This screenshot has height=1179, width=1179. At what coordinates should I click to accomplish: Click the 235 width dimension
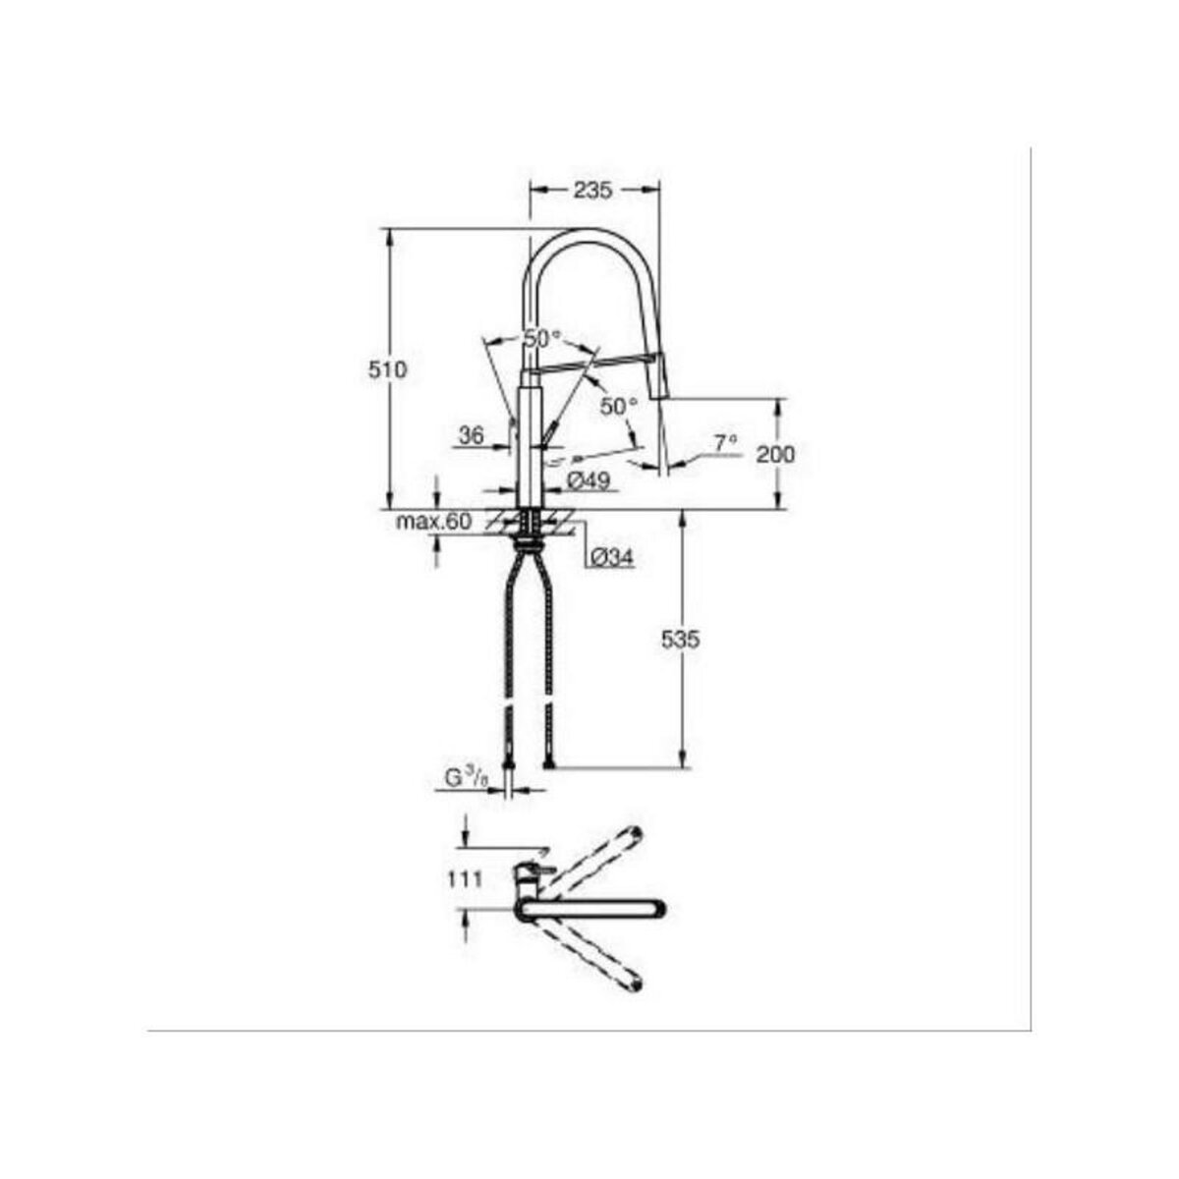(x=594, y=191)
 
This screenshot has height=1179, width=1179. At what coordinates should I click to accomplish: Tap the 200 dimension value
(x=776, y=454)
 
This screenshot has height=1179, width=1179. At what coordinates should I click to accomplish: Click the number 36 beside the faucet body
(x=472, y=435)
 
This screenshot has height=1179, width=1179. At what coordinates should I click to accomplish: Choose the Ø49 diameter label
(x=589, y=480)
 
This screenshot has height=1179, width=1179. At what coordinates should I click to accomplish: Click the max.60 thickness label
(x=433, y=521)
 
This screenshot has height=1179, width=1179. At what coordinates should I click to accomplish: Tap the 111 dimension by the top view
(x=467, y=880)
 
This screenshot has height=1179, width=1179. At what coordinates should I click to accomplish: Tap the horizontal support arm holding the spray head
(x=589, y=365)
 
